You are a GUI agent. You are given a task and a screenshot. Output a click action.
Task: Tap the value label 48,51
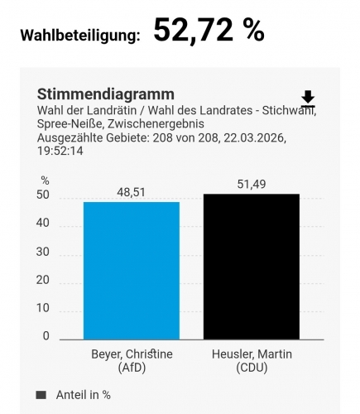click(x=131, y=191)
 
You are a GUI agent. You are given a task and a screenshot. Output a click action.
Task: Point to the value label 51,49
click(x=252, y=184)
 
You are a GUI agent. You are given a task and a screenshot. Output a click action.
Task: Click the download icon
click(x=308, y=99)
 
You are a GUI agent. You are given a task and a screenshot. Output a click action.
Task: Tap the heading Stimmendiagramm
click(x=106, y=94)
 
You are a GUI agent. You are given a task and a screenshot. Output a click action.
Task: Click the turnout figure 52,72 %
click(x=209, y=31)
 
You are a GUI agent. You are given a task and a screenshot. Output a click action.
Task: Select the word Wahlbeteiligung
click(x=79, y=36)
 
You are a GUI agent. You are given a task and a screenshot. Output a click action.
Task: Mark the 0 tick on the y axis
click(x=46, y=336)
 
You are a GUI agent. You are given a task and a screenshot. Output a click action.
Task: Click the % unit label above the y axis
click(x=45, y=181)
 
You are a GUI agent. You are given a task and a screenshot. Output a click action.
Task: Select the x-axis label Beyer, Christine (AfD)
click(x=131, y=359)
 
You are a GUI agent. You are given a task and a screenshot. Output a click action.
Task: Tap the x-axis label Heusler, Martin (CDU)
click(x=252, y=359)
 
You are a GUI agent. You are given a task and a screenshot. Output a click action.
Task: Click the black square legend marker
click(x=41, y=395)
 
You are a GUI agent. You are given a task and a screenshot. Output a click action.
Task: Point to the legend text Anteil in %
click(x=84, y=395)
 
